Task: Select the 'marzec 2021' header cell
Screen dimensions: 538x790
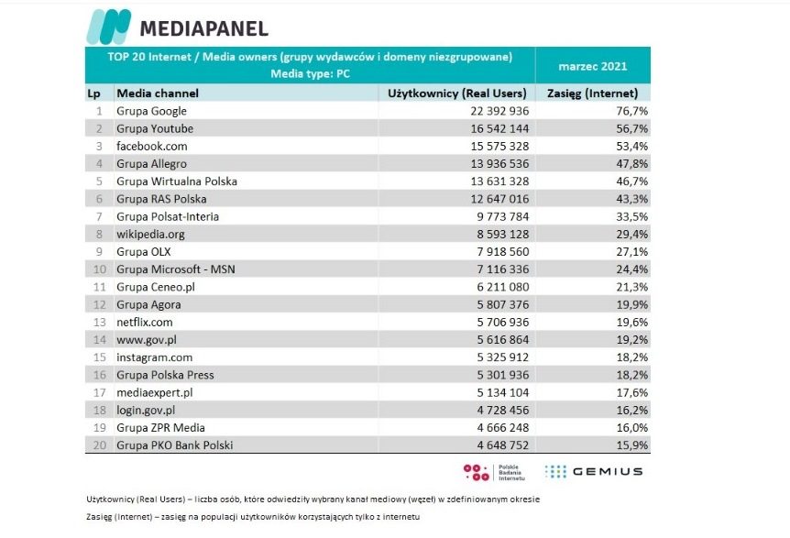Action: click(592, 66)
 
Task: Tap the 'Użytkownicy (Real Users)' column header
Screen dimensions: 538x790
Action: click(457, 93)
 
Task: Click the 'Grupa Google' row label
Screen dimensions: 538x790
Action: click(151, 111)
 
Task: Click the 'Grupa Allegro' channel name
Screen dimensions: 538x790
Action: click(151, 164)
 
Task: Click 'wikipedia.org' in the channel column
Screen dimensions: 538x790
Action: click(151, 234)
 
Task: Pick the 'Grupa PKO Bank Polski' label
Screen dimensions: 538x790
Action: click(175, 445)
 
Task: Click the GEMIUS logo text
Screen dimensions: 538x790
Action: click(607, 472)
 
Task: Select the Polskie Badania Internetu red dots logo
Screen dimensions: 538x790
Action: click(477, 472)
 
